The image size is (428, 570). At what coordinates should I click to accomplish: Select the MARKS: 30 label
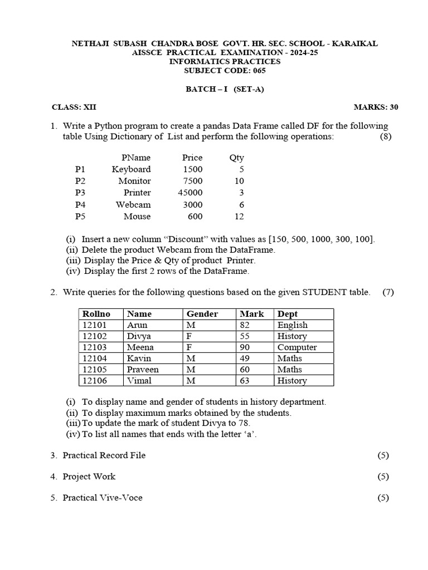pos(376,107)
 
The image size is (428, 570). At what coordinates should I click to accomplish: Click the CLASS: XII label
pos(70,107)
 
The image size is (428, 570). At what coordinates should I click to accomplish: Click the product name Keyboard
pos(131,169)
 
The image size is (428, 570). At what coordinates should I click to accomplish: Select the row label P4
pos(81,204)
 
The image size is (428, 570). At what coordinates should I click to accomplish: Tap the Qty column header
pos(236,158)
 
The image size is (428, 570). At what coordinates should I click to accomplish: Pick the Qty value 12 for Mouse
pos(239,216)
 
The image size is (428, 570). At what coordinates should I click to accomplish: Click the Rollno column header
pos(96,314)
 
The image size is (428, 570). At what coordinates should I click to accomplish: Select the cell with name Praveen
pos(143,370)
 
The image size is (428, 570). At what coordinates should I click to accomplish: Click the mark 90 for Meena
pos(245,347)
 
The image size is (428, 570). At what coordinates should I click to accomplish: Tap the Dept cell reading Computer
pos(297,347)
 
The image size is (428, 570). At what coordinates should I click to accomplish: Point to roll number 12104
pos(94,358)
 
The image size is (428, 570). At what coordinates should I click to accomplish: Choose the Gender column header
pos(202,314)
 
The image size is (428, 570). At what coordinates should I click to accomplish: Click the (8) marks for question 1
pos(386,137)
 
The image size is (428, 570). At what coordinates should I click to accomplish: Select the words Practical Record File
pos(104,455)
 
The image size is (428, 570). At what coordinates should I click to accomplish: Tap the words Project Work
pos(89,476)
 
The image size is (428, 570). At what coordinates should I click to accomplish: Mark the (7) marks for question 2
pos(388,292)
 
